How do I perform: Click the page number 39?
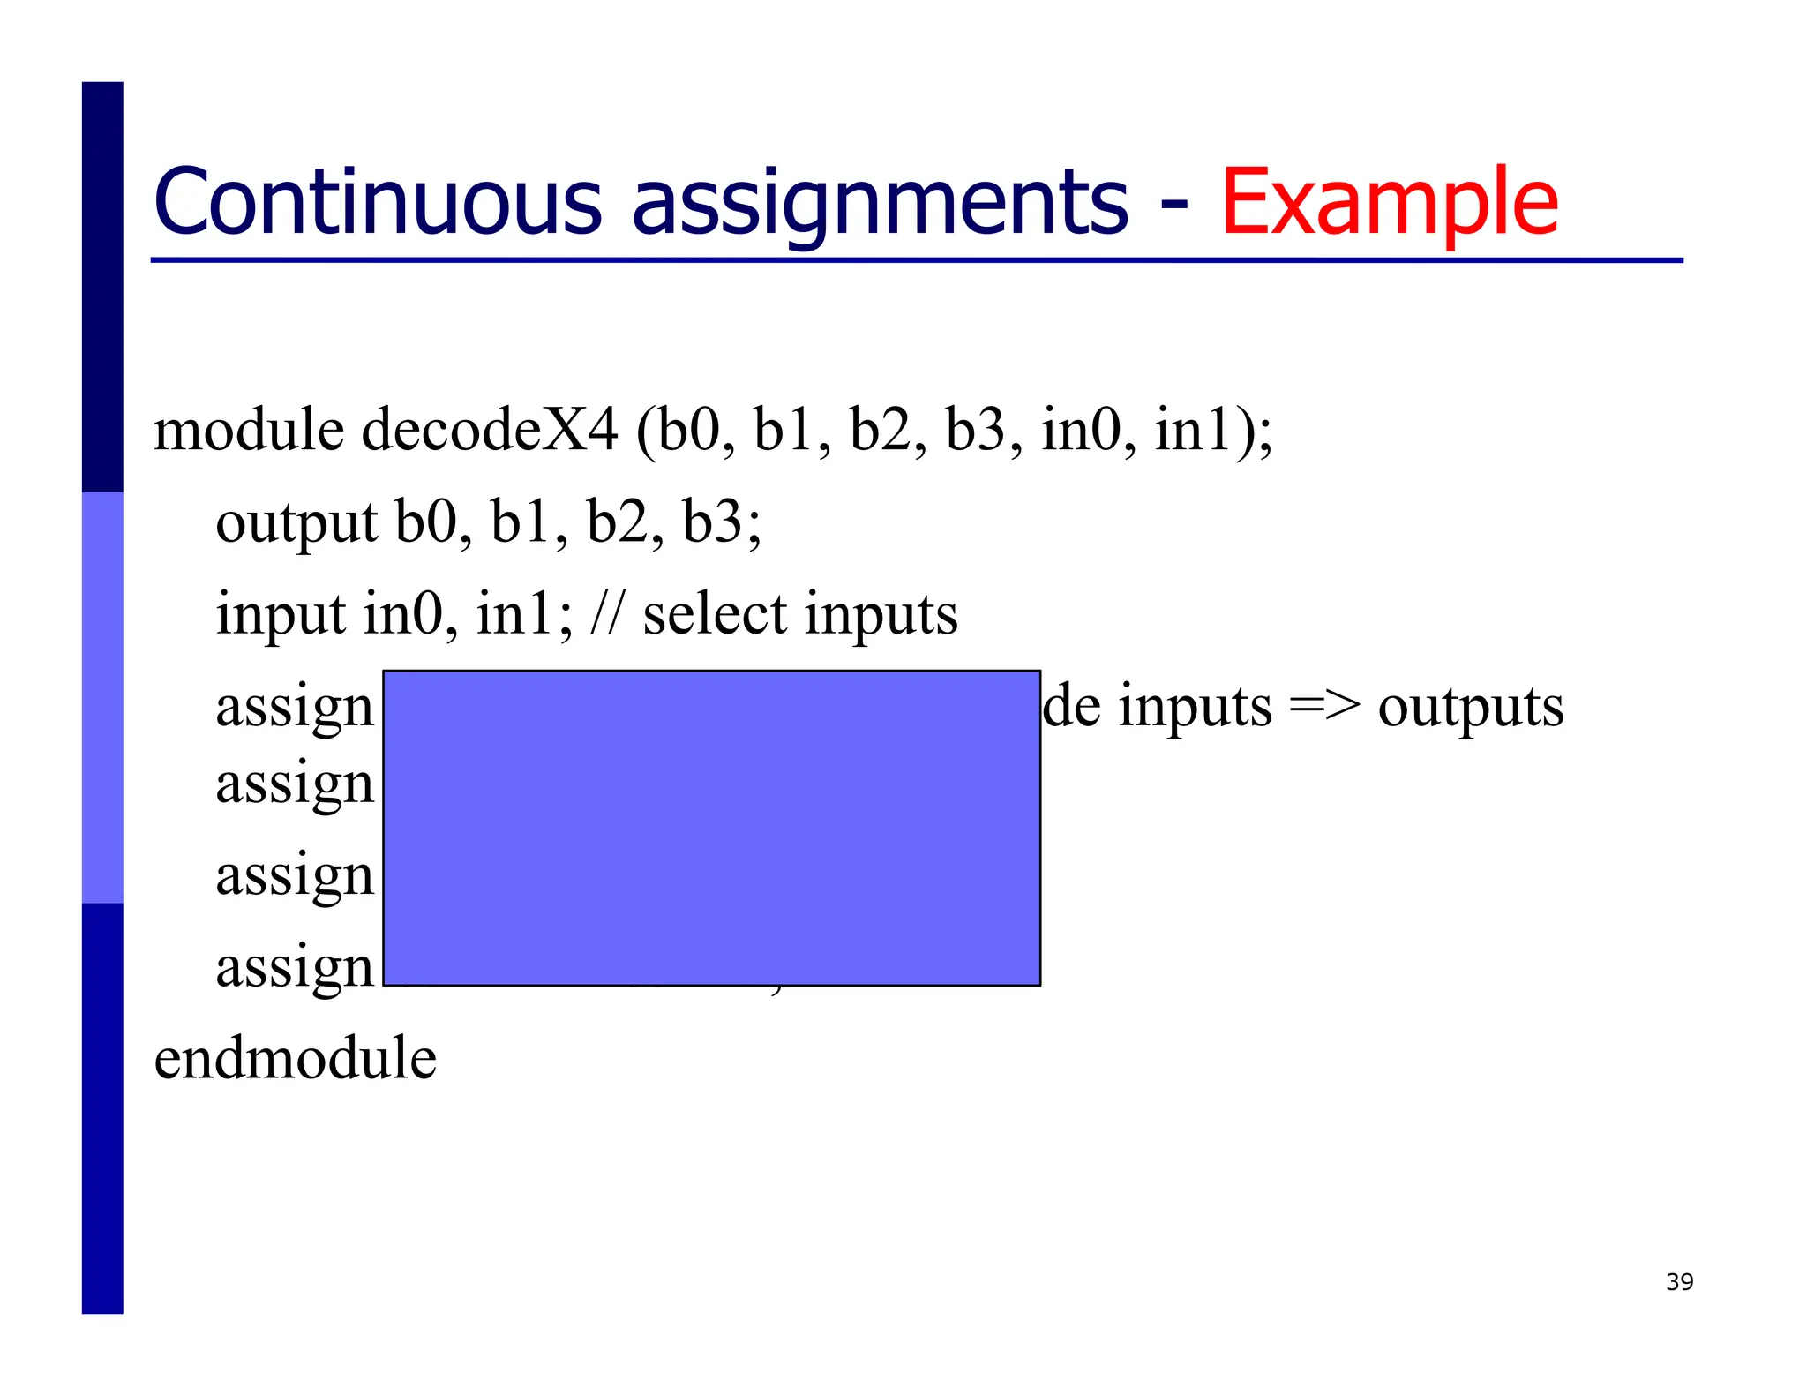(x=1679, y=1282)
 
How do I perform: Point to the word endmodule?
(x=295, y=1058)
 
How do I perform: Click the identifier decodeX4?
(x=490, y=430)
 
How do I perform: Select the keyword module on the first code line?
(x=249, y=430)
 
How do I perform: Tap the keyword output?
(x=296, y=523)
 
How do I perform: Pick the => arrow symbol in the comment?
(x=1324, y=707)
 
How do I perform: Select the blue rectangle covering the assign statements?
(x=711, y=827)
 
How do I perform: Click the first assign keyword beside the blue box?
(x=295, y=709)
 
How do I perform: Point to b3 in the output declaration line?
(x=712, y=522)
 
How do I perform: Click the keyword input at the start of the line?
(x=281, y=616)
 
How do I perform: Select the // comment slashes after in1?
(x=606, y=614)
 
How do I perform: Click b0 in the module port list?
(x=688, y=430)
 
